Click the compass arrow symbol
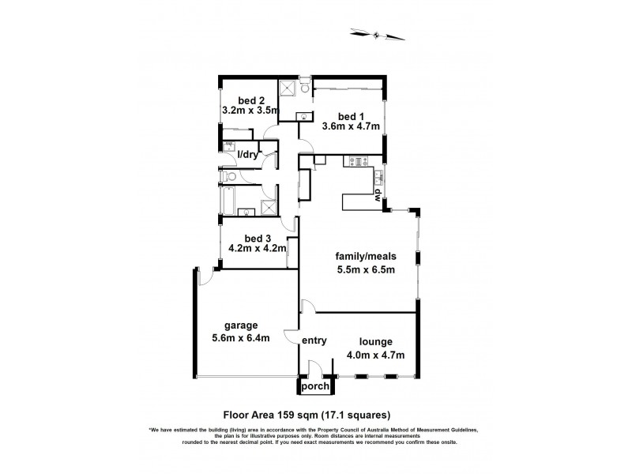tap(377, 33)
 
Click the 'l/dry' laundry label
tap(248, 154)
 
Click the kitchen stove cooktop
tap(357, 163)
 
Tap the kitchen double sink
tap(380, 176)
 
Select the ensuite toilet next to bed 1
tap(306, 89)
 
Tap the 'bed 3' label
tap(258, 239)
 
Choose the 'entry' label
tap(314, 340)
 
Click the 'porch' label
tap(314, 387)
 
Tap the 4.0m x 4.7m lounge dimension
tap(375, 355)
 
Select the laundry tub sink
tap(228, 145)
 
